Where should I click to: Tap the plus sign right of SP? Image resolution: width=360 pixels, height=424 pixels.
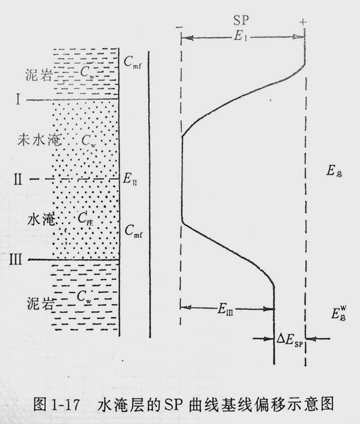[302, 21]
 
